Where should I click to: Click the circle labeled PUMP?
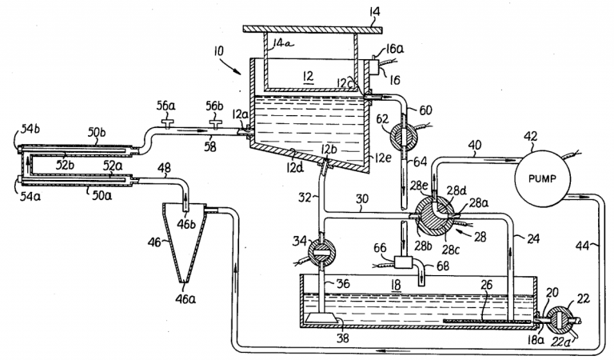(x=542, y=178)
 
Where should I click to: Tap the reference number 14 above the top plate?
(x=374, y=11)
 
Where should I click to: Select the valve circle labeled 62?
(x=404, y=137)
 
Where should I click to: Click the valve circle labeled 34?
(x=322, y=253)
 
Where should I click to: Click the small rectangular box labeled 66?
(x=403, y=262)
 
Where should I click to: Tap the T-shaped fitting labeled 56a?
(x=167, y=124)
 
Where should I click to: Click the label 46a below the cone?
(x=185, y=299)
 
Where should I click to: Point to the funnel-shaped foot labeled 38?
(x=321, y=318)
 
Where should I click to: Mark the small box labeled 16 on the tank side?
(x=373, y=66)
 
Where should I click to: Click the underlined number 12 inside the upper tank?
(x=308, y=76)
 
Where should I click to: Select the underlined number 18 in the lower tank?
(x=397, y=284)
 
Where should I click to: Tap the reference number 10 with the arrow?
(x=218, y=51)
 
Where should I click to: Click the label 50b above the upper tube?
(x=96, y=132)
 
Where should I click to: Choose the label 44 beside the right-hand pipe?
(x=582, y=246)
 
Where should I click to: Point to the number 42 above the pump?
(x=530, y=137)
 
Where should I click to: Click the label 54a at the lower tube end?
(x=30, y=196)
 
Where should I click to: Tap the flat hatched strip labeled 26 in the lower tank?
(x=487, y=322)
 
